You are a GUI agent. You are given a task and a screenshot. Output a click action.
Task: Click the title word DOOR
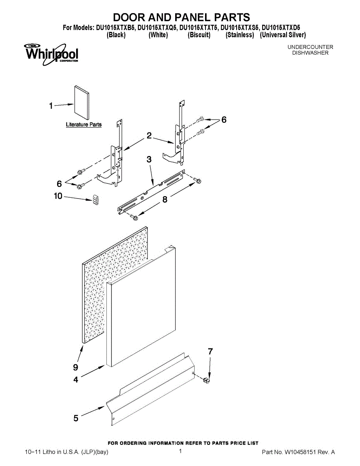(x=132, y=17)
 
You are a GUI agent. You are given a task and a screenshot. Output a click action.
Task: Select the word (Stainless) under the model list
(x=240, y=35)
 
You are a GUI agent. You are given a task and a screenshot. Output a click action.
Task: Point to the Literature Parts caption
(x=83, y=125)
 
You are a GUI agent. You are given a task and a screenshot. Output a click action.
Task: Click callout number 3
(x=149, y=159)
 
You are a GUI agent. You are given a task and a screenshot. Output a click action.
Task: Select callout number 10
(x=58, y=196)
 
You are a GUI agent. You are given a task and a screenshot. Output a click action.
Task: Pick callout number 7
(x=210, y=352)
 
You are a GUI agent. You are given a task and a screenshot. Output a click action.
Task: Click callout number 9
(x=75, y=367)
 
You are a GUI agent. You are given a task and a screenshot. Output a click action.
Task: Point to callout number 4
(x=76, y=380)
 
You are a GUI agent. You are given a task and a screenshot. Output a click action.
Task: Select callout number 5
(x=76, y=418)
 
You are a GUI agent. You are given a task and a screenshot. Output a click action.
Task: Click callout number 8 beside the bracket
(x=165, y=199)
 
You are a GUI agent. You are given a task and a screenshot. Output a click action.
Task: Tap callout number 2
(x=149, y=136)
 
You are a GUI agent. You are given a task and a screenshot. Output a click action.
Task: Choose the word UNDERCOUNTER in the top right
(x=310, y=47)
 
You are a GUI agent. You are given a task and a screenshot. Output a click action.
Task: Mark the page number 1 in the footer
(x=181, y=451)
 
